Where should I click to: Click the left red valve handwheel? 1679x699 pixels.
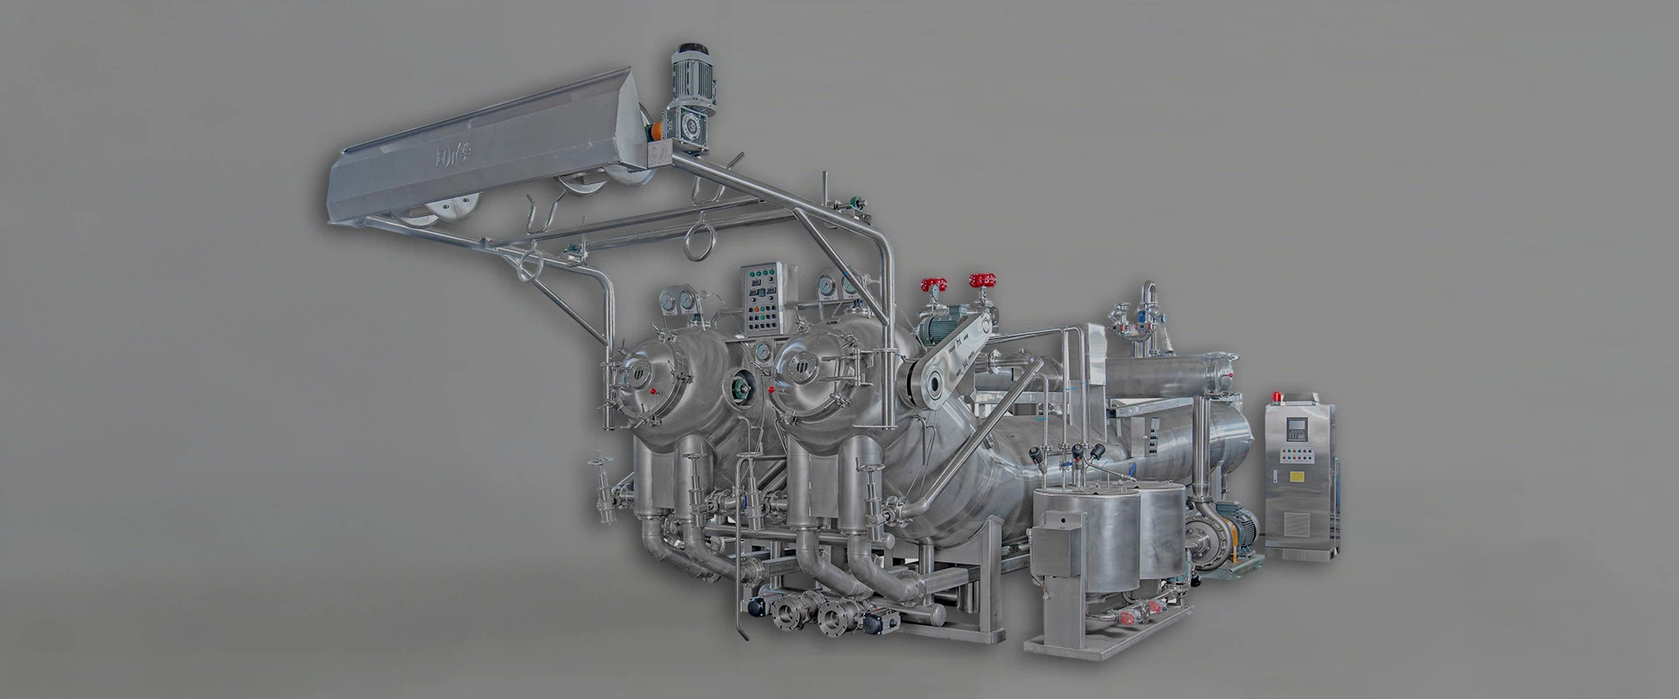(934, 285)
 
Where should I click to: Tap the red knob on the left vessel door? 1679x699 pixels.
(658, 390)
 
